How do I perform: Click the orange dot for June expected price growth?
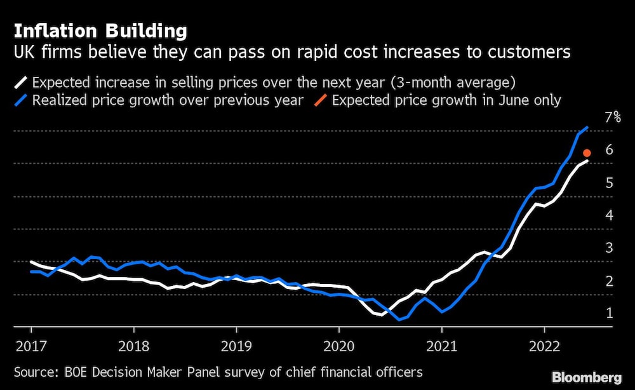tap(587, 152)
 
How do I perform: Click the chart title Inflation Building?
tap(100, 31)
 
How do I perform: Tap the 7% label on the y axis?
tap(612, 117)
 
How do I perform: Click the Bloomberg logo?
tap(586, 377)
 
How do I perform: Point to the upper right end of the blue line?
tap(587, 128)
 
